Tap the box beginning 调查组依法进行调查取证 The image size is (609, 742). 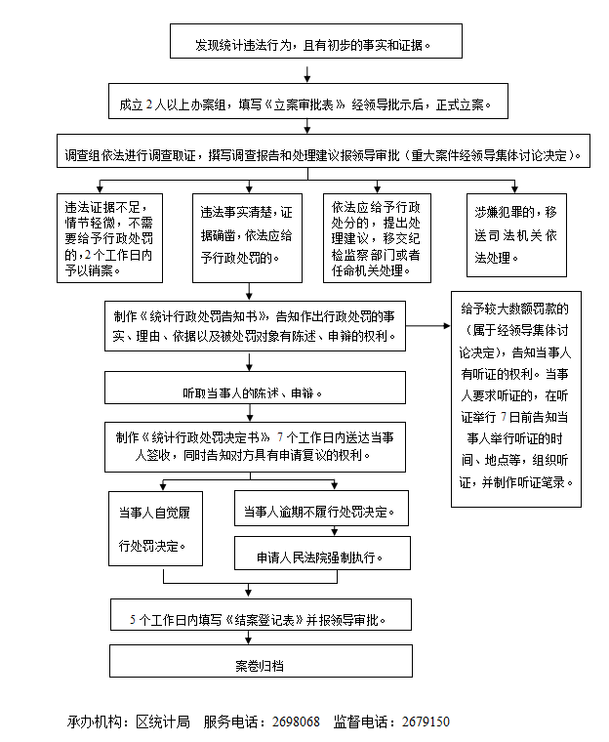pyautogui.click(x=322, y=155)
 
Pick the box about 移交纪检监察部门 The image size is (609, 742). pyautogui.click(x=376, y=236)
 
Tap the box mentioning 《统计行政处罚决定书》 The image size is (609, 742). pyautogui.click(x=256, y=445)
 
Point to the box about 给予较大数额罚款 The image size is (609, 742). pyautogui.click(x=515, y=398)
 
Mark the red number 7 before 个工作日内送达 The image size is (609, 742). pyautogui.click(x=281, y=436)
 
